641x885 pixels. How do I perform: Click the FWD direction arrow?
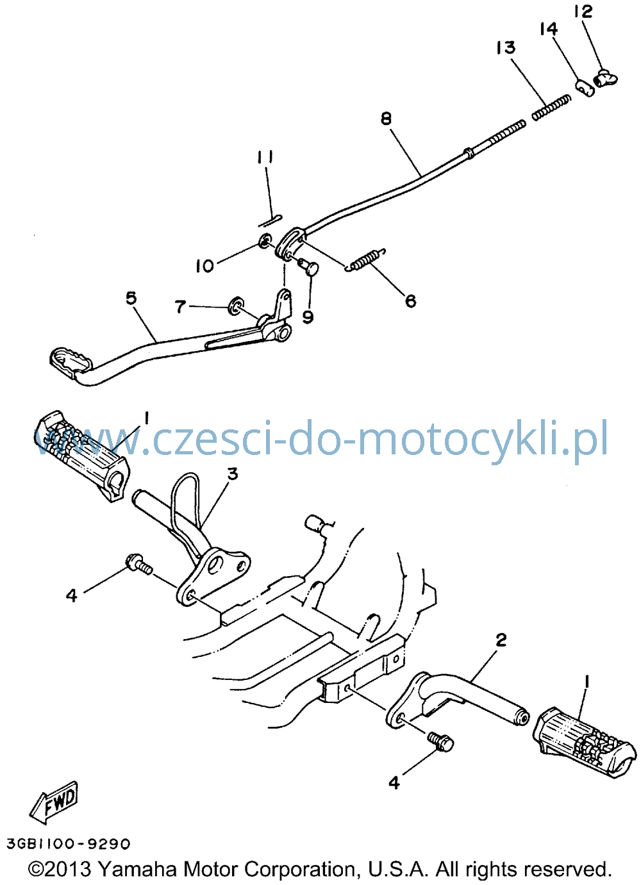pyautogui.click(x=53, y=806)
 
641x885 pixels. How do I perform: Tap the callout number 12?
pyautogui.click(x=584, y=11)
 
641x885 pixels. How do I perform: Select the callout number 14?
pyautogui.click(x=549, y=28)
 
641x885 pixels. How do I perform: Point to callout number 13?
pyautogui.click(x=506, y=47)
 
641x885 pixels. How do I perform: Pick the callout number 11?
pyautogui.click(x=265, y=157)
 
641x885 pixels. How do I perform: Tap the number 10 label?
pyautogui.click(x=204, y=266)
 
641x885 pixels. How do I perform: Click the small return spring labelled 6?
pyautogui.click(x=365, y=261)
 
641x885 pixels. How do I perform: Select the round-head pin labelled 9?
pyautogui.click(x=308, y=268)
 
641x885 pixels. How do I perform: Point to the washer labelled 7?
pyautogui.click(x=236, y=305)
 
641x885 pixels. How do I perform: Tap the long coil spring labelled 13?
pyautogui.click(x=551, y=107)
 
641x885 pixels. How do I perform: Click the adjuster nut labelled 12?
pyautogui.click(x=606, y=77)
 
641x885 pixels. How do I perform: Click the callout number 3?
pyautogui.click(x=233, y=474)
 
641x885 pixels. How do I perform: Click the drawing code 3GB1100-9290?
pyautogui.click(x=69, y=844)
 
